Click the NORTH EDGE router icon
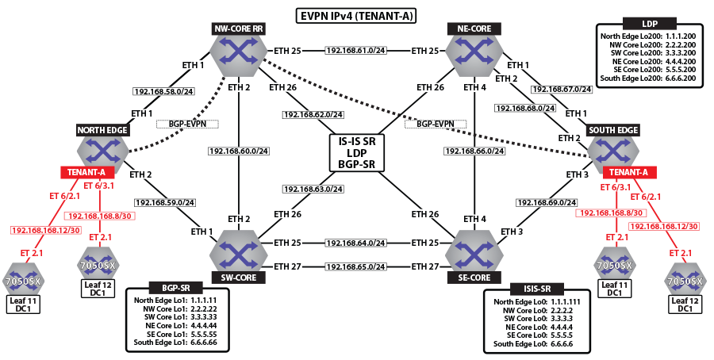tap(103, 149)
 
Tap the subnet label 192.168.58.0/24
tap(163, 90)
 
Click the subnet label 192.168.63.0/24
tap(314, 190)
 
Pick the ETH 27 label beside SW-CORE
tap(288, 267)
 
